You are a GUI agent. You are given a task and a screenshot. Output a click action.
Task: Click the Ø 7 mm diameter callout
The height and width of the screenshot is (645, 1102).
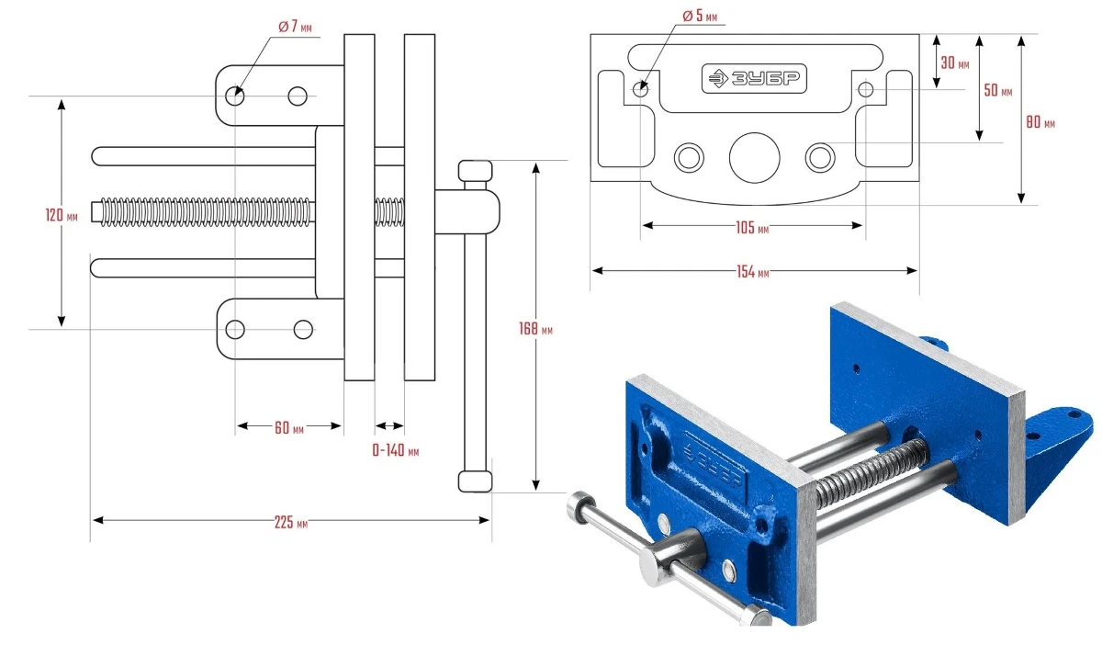[295, 27]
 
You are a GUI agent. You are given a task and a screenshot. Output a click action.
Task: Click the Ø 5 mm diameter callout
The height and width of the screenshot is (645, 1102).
[700, 16]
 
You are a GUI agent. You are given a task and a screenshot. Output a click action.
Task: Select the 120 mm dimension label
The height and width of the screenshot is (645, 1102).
[60, 215]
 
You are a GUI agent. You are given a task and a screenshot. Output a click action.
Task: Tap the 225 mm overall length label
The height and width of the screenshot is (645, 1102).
[290, 523]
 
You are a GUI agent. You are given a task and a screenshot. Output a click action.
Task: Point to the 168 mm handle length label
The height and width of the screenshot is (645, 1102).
[535, 328]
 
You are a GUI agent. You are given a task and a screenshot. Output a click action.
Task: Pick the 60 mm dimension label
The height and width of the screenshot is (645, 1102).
[289, 427]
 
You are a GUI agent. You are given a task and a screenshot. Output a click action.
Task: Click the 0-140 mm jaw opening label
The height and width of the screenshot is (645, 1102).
[395, 451]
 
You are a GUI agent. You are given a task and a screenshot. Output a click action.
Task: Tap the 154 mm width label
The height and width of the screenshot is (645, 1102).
[752, 272]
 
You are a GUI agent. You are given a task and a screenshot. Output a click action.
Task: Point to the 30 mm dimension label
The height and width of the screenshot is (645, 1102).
[955, 63]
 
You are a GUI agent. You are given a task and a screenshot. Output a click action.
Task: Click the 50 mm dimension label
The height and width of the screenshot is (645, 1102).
[997, 91]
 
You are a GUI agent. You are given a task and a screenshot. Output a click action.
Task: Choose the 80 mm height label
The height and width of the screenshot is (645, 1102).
[1040, 121]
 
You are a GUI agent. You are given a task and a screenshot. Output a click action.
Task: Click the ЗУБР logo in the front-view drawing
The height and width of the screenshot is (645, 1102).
[754, 80]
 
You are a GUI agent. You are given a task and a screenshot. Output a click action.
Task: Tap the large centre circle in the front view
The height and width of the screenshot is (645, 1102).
[754, 158]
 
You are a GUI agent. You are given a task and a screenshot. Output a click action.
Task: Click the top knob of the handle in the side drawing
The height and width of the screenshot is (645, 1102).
[475, 172]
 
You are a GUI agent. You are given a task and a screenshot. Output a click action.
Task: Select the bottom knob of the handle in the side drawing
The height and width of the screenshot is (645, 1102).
[475, 481]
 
